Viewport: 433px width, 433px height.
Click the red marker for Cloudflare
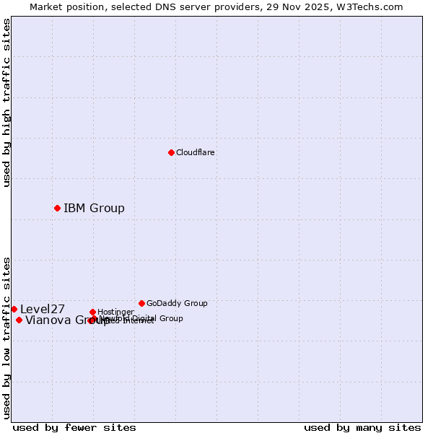click(x=171, y=152)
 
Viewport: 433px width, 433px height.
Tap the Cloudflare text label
click(x=195, y=153)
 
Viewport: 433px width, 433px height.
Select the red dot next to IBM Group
click(x=57, y=208)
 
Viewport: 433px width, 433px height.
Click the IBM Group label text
click(x=94, y=209)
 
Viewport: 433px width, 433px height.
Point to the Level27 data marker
click(x=14, y=309)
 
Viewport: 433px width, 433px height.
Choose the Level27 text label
click(x=43, y=310)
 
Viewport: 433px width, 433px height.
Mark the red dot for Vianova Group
click(x=19, y=320)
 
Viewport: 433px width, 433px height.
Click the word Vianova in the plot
click(x=48, y=321)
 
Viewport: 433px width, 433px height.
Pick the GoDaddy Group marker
click(x=141, y=303)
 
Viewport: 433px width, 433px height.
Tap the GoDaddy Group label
click(x=177, y=304)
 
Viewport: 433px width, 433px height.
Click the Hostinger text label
click(x=115, y=312)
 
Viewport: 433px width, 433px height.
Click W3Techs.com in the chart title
click(x=367, y=7)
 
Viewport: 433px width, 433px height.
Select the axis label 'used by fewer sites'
click(x=74, y=427)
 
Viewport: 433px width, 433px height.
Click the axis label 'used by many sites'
click(x=362, y=427)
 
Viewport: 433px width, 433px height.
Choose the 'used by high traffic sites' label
click(x=7, y=102)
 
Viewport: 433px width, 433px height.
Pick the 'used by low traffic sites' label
click(x=7, y=338)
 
